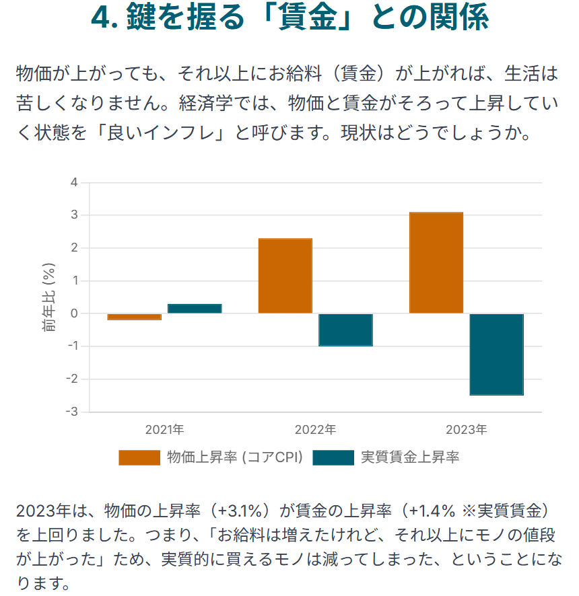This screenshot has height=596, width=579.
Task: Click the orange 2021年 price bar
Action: point(135,317)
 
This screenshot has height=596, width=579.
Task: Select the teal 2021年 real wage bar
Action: point(195,309)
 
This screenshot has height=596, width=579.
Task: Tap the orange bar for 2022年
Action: point(285,276)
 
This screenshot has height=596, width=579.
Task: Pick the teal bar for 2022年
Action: point(345,330)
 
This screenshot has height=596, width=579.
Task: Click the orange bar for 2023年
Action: point(436,263)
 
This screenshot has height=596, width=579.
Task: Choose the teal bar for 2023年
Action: point(496,355)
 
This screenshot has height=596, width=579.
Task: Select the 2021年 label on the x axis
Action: point(164,429)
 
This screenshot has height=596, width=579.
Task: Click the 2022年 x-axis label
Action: point(315,429)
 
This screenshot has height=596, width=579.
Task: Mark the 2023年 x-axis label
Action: point(466,429)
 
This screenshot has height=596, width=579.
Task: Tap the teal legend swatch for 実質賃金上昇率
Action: point(333,458)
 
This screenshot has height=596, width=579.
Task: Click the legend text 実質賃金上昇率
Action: point(410,458)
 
